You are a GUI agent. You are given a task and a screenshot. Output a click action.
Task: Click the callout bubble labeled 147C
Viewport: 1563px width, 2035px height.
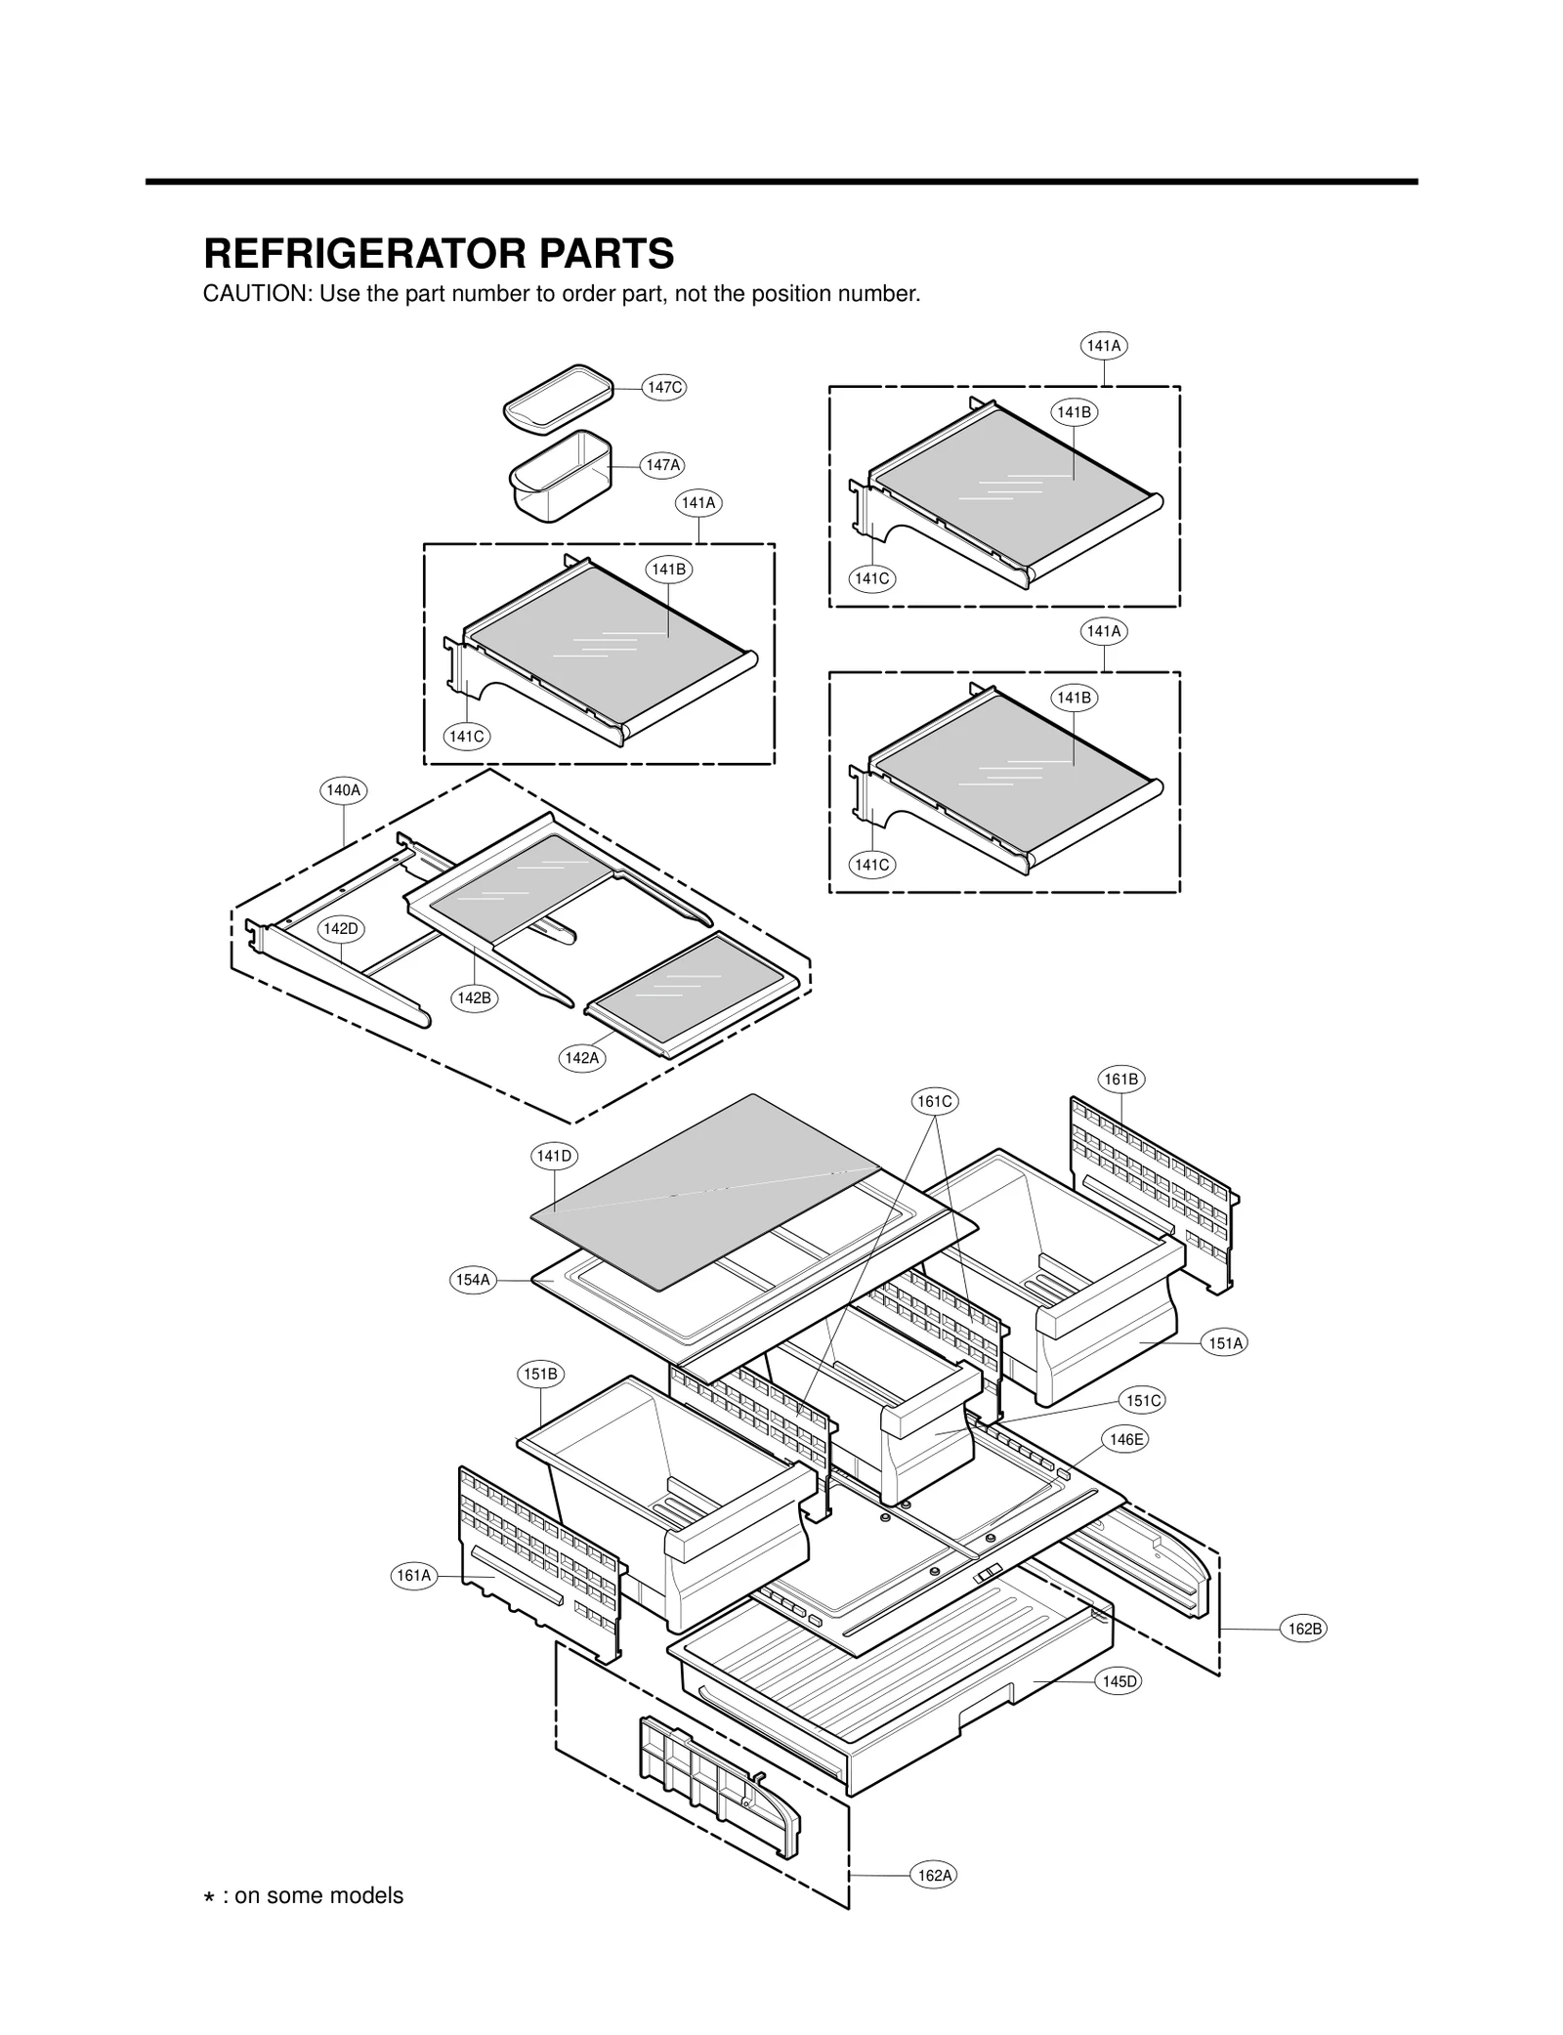664,387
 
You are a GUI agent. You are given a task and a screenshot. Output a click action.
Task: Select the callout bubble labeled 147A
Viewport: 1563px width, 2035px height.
662,465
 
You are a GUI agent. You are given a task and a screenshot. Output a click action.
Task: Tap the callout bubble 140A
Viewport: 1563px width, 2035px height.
343,790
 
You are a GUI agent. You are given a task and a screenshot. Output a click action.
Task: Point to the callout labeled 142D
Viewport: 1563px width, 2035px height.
341,928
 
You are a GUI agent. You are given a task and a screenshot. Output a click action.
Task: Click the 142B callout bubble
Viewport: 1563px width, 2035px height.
474,997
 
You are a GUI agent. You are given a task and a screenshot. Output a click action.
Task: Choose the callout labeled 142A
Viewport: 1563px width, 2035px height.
583,1058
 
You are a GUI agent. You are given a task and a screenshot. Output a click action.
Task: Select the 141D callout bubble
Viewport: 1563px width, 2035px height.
554,1156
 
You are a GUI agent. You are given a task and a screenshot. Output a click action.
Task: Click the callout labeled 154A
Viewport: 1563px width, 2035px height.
473,1280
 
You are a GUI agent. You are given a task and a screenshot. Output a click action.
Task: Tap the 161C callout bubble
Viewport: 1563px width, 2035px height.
934,1101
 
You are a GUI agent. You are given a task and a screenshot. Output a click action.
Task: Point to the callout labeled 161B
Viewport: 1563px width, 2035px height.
1120,1080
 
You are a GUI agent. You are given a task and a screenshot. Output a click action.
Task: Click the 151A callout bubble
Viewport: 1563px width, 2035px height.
1225,1343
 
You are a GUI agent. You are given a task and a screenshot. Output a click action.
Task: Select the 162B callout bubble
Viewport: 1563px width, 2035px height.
1304,1629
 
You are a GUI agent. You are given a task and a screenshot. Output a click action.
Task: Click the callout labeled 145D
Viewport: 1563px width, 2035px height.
1119,1681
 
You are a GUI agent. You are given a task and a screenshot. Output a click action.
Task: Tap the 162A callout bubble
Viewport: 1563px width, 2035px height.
934,1875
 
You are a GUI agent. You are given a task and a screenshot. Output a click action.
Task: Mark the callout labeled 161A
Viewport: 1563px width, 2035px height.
413,1575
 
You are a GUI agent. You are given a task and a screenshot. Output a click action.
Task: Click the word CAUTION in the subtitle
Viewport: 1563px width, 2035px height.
256,294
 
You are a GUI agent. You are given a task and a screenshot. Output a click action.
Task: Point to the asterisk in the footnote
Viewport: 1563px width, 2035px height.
208,1897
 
